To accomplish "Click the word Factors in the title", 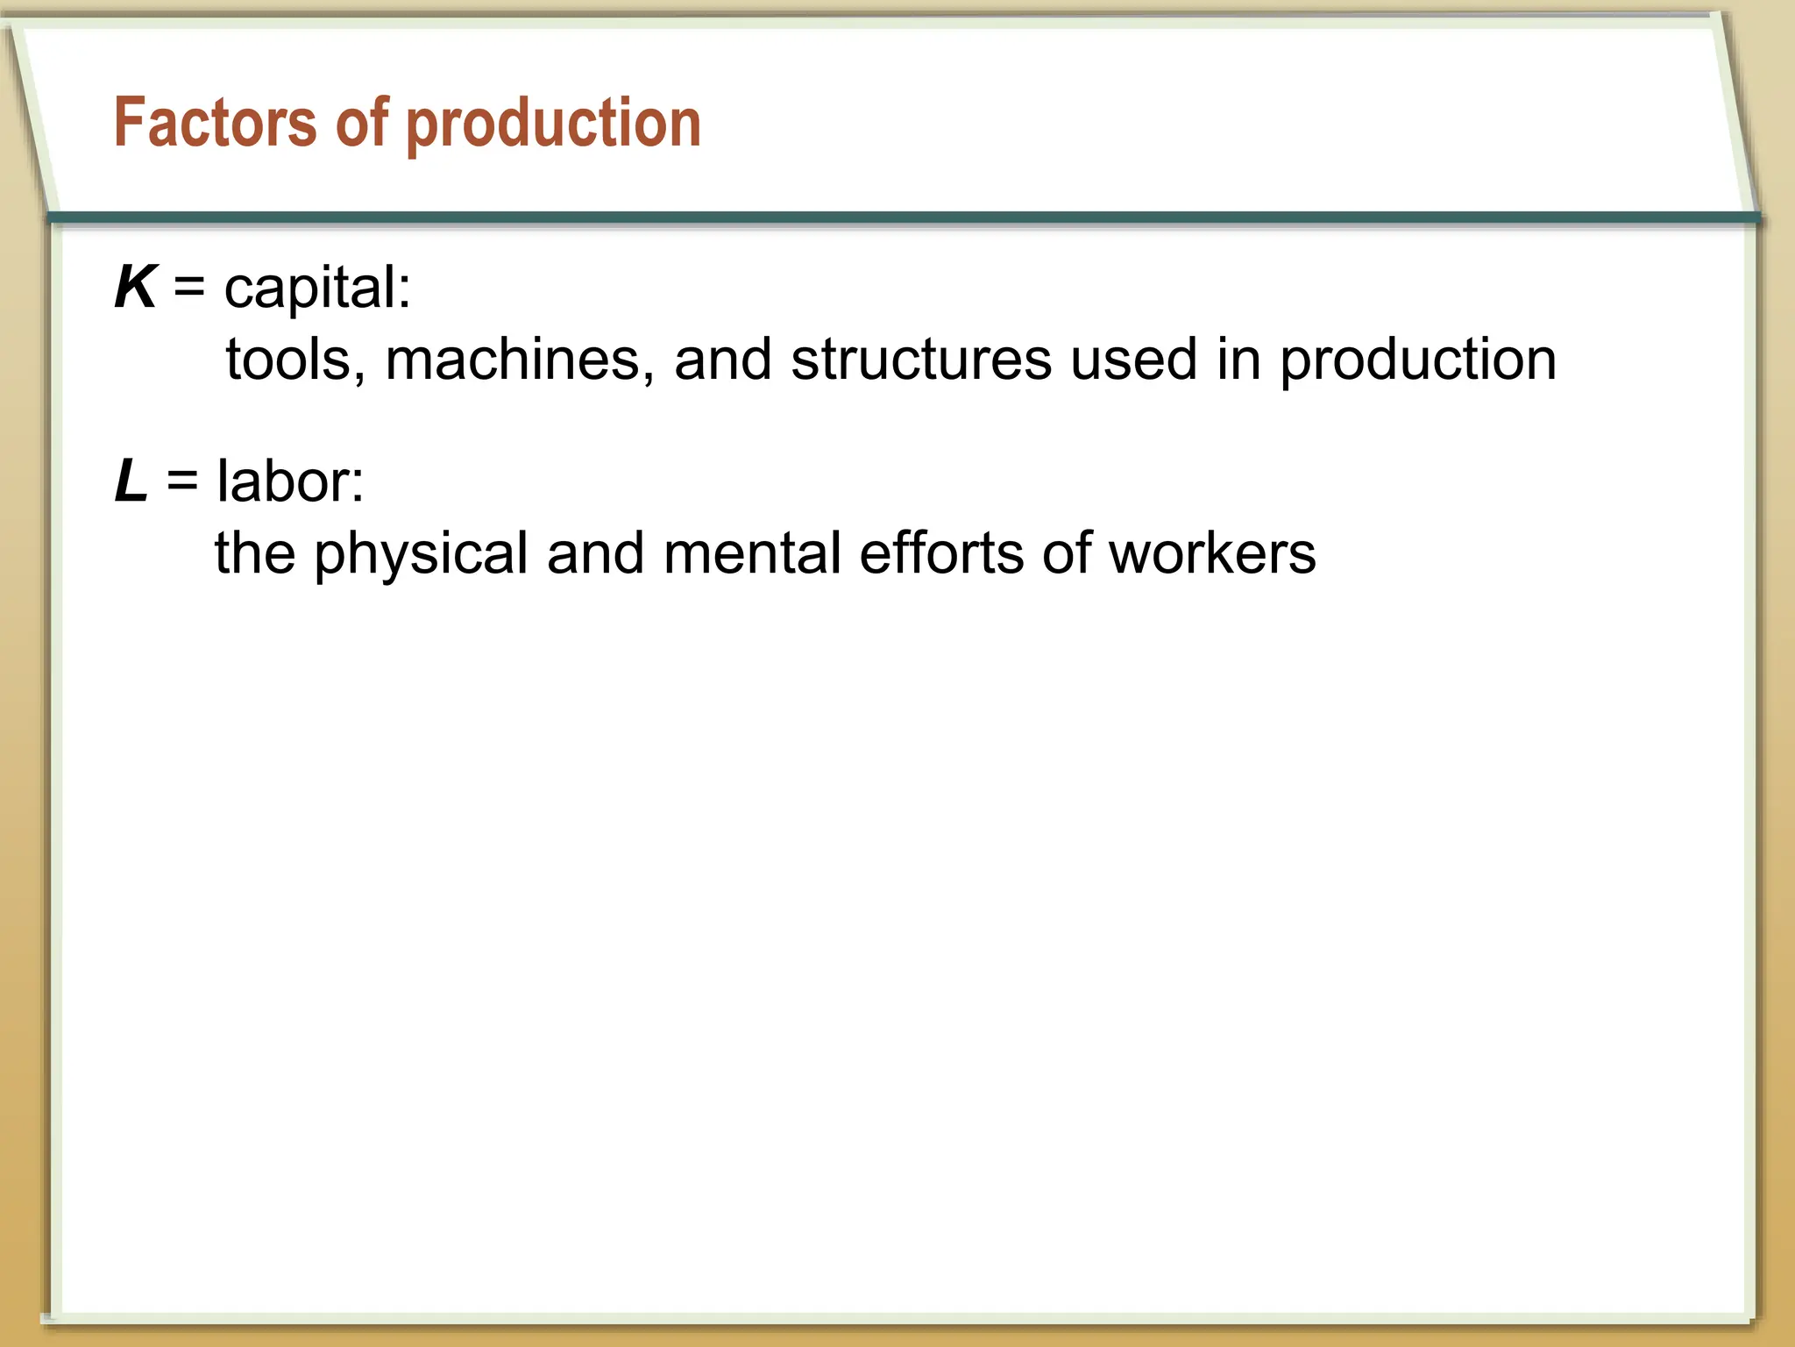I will tap(215, 123).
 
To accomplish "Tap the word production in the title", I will tap(554, 125).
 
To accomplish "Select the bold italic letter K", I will tap(136, 288).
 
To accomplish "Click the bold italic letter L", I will tap(131, 481).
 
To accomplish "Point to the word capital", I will tap(316, 289).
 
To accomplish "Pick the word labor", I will tap(289, 481).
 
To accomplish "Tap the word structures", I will tap(920, 360).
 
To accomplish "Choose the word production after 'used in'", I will tap(1417, 361).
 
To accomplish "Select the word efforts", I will tap(941, 553).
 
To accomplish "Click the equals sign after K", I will tap(189, 288).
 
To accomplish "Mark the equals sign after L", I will tap(182, 481).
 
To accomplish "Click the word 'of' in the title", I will tap(361, 123).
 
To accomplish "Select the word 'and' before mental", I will tap(596, 553).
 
